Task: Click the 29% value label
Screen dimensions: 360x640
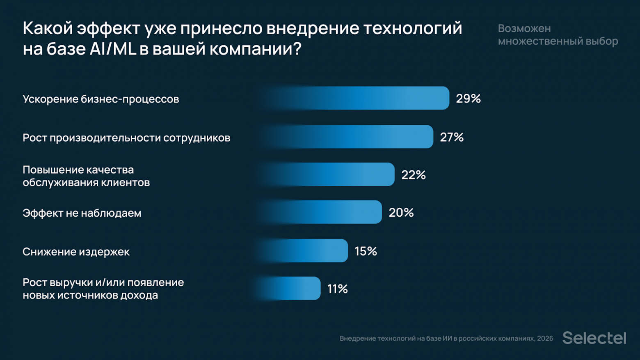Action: (x=468, y=99)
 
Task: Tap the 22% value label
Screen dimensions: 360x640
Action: (x=414, y=175)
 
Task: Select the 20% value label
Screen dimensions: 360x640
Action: (x=401, y=213)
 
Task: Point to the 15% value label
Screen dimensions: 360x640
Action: (x=366, y=251)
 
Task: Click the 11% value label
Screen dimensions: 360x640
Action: (x=337, y=289)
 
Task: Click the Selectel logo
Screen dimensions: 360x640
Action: (x=594, y=338)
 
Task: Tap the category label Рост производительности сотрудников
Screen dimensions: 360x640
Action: (x=126, y=138)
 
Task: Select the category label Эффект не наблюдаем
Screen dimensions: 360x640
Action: (x=82, y=213)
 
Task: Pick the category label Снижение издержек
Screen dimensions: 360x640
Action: (x=76, y=252)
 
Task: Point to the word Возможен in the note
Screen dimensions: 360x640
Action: (x=524, y=28)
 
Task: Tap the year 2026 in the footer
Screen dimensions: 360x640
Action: (x=545, y=338)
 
